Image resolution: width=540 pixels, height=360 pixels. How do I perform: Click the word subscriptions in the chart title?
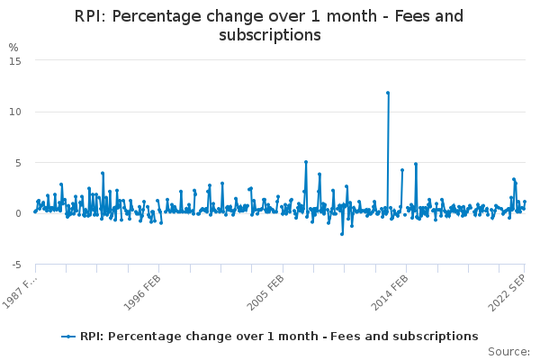pos(270,35)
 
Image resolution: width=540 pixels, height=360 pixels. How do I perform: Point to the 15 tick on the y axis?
pos(16,60)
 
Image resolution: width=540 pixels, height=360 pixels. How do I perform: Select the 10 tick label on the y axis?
pos(16,112)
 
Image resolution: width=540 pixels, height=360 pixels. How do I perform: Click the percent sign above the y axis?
pos(13,47)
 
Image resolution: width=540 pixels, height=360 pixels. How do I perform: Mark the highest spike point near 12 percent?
pos(388,93)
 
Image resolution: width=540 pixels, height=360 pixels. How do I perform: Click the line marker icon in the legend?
pos(68,337)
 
